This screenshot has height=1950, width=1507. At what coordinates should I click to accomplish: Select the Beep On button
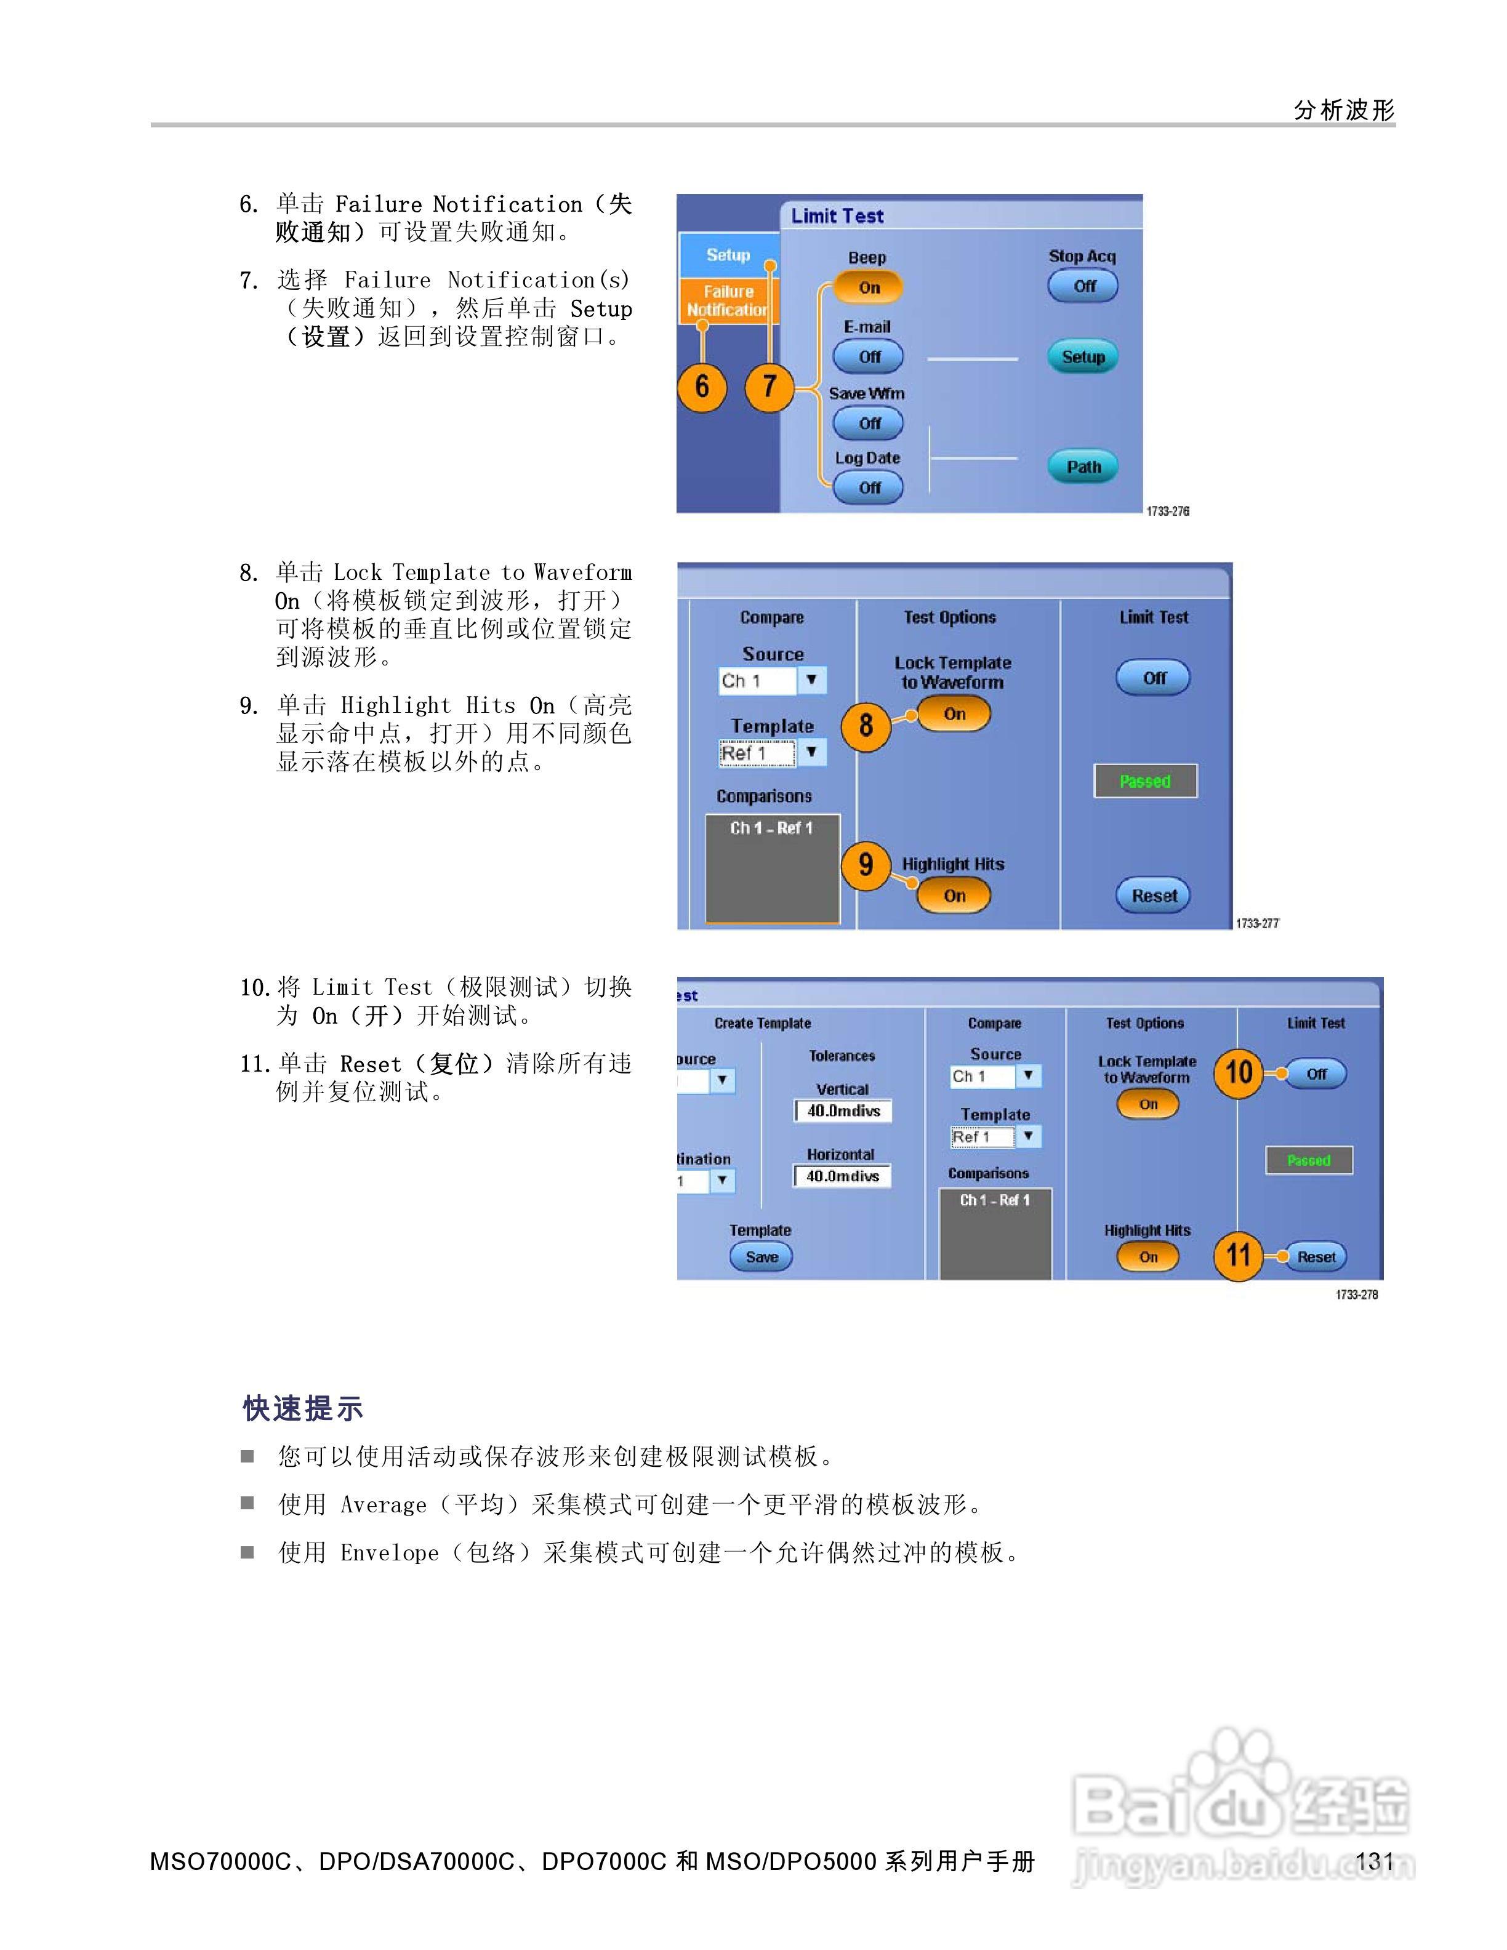(x=869, y=287)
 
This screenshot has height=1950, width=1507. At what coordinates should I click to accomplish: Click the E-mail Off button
(x=869, y=357)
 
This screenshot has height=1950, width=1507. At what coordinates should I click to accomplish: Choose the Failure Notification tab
(x=728, y=301)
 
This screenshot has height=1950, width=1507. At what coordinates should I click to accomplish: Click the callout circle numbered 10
(x=1238, y=1072)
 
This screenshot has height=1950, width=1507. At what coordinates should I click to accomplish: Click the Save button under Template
(x=762, y=1257)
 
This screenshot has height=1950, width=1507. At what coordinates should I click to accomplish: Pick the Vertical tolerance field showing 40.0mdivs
(x=843, y=1110)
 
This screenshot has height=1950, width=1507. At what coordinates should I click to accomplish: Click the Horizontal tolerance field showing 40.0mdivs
(x=843, y=1176)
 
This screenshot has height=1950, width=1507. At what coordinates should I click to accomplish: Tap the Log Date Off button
(x=869, y=487)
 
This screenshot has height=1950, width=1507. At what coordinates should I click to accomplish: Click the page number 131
(x=1374, y=1861)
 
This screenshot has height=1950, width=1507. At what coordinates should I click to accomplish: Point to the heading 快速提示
(x=303, y=1409)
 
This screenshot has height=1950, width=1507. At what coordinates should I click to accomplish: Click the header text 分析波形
(x=1344, y=110)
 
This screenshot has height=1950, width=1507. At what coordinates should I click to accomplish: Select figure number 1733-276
(x=1168, y=511)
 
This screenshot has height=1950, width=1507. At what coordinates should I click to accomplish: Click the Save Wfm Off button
(x=869, y=423)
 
